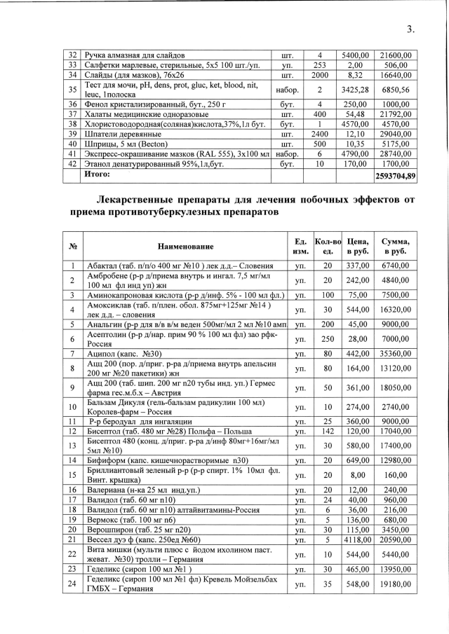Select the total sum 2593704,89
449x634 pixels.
(396, 176)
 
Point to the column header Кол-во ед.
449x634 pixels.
(328, 246)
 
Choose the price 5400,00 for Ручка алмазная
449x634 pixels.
(358, 55)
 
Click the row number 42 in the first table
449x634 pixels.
(72, 162)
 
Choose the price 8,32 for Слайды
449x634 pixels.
(358, 75)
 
